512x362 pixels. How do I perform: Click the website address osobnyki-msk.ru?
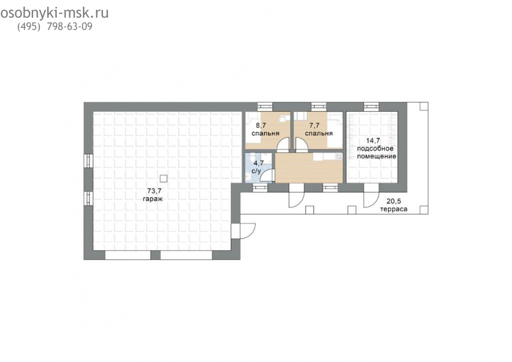tap(54, 13)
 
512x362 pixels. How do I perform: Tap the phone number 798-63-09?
tap(70, 27)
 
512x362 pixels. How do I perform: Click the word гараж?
tap(152, 199)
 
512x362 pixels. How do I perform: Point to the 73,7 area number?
tap(152, 191)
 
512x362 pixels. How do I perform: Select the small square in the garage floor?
tap(164, 178)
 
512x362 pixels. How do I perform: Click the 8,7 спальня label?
tap(265, 129)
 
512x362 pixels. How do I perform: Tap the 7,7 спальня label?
tap(319, 129)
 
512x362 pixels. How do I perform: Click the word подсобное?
tap(375, 149)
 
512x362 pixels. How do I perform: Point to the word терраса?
tap(394, 209)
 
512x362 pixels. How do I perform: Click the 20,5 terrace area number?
tap(394, 201)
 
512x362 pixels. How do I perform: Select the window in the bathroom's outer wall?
tap(260, 187)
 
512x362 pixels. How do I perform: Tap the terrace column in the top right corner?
tap(423, 106)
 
